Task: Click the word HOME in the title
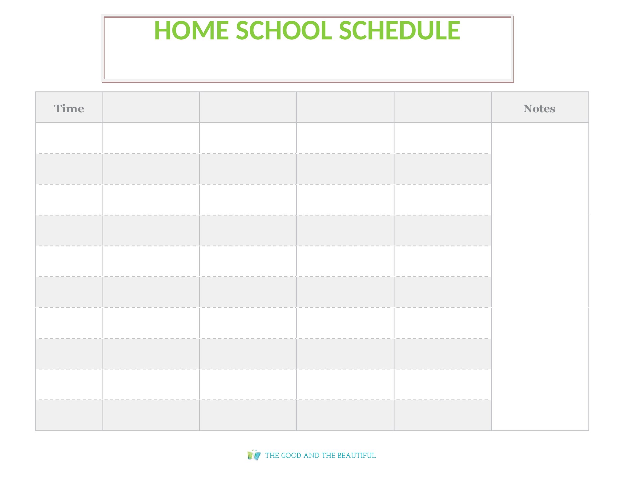coord(191,31)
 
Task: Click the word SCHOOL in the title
coord(284,31)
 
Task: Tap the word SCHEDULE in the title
coord(399,31)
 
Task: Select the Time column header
coord(69,109)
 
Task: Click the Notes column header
coord(539,109)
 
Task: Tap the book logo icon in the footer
coord(254,455)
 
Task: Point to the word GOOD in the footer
coord(291,455)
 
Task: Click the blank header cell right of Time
coord(151,107)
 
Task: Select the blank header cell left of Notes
coord(442,107)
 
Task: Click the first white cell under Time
coord(69,138)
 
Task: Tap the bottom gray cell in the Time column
coord(69,415)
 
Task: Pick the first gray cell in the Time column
coord(69,169)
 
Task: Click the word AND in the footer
coord(311,455)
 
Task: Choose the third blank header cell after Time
coord(345,107)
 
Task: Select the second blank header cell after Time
coord(248,107)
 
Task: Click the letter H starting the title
coord(163,31)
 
